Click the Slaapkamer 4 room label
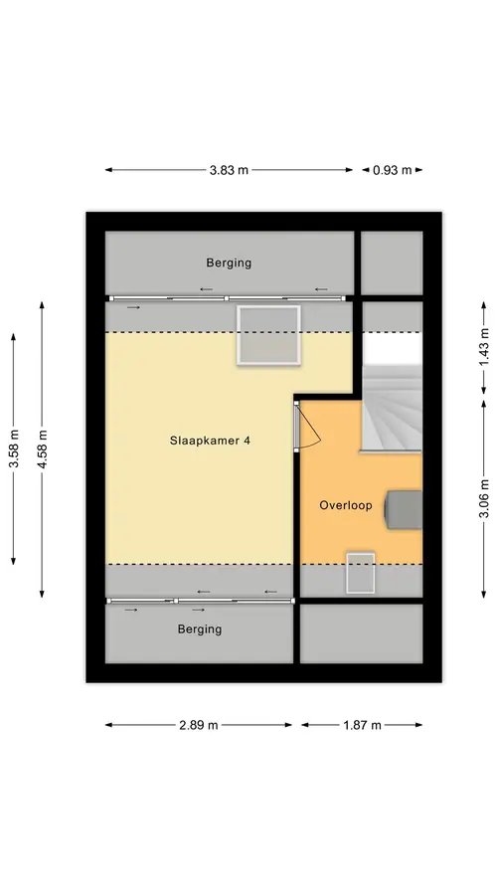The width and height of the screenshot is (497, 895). coord(210,441)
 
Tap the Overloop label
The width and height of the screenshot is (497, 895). coord(346,505)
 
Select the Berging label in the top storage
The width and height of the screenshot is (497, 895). coord(229,264)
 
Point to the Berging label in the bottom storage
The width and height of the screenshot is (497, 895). coord(200,629)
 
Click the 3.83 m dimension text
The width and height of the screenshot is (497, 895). coord(229,169)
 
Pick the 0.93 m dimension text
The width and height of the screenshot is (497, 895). coord(393,169)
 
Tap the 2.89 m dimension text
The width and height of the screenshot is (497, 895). coord(199,725)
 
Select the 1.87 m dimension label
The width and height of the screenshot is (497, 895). coord(362,725)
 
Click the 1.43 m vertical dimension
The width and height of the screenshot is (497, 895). coord(484,347)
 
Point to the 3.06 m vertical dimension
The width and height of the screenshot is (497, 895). coord(484,498)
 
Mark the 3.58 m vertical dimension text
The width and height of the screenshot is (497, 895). coord(14,448)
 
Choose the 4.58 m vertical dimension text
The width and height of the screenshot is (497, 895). coord(42,448)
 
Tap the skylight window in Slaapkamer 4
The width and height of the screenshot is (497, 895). coord(268,334)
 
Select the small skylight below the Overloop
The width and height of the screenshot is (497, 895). coord(361,573)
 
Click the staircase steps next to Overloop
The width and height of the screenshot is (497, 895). coord(393,408)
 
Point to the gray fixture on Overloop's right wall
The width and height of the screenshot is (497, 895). coord(404,509)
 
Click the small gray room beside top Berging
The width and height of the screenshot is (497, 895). coord(392,264)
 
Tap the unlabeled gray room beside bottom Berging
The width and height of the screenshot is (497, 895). coord(361,633)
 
